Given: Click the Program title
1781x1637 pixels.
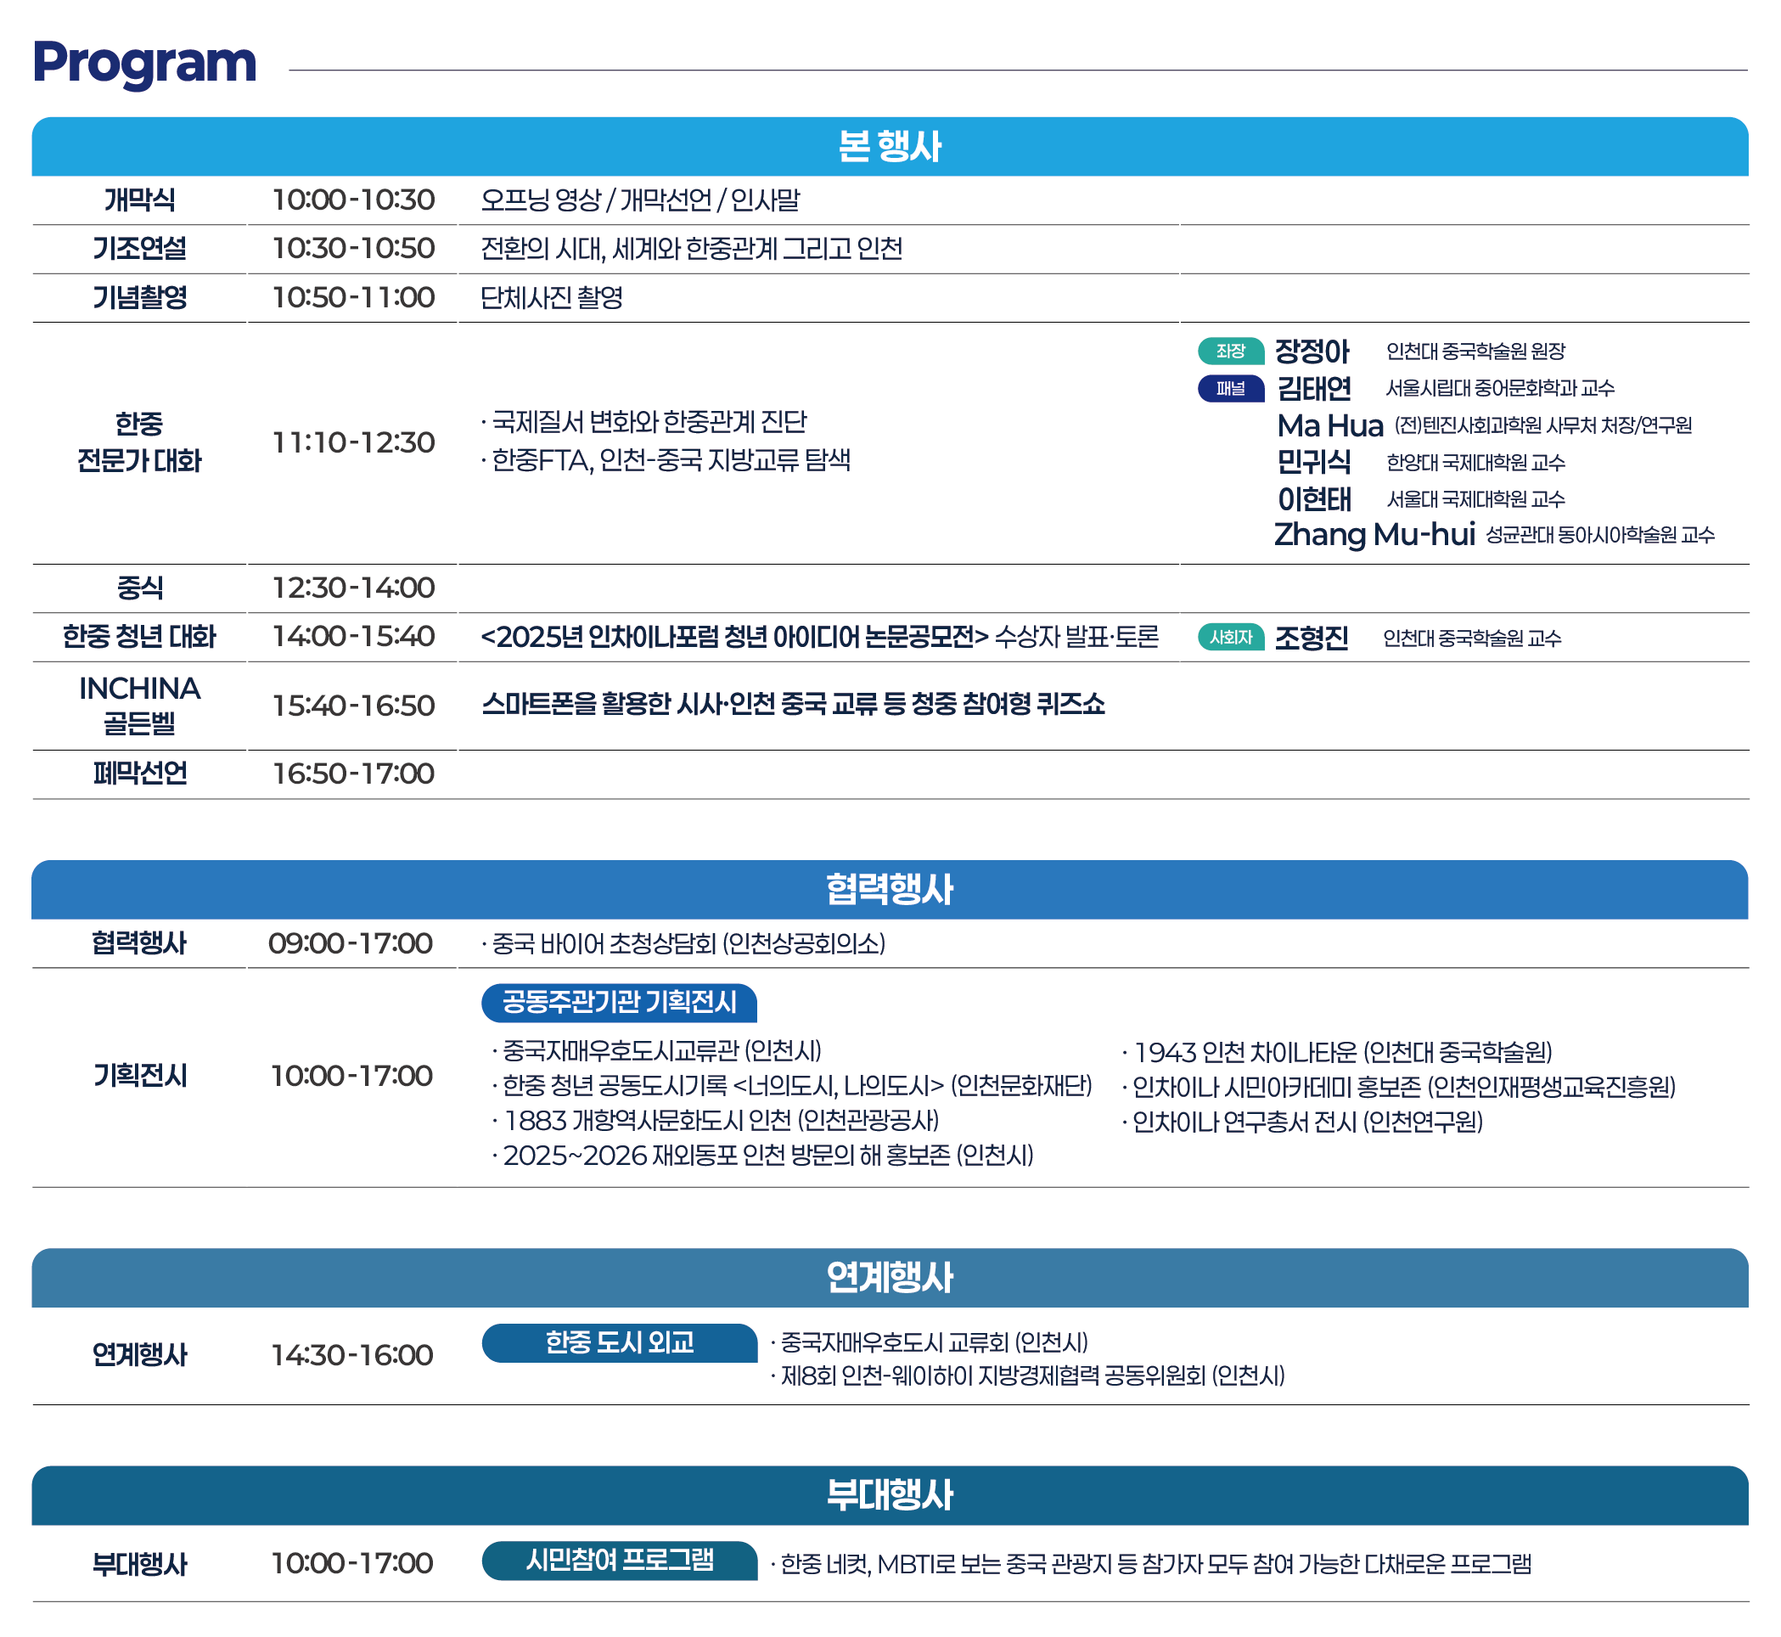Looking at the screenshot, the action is click(x=144, y=64).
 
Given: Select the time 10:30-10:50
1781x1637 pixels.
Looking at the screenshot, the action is click(x=353, y=248).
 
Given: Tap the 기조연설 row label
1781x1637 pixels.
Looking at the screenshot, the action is click(x=140, y=248).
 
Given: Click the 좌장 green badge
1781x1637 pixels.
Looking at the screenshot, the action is click(x=1231, y=351).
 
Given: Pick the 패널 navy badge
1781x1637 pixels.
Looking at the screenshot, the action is click(x=1231, y=388).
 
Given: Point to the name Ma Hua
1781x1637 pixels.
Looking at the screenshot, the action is click(x=1330, y=425).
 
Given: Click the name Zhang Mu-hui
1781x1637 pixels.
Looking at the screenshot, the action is click(x=1374, y=534).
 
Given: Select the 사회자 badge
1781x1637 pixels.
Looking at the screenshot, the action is click(x=1231, y=637).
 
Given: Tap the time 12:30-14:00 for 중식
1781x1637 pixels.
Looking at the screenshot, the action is click(x=353, y=588).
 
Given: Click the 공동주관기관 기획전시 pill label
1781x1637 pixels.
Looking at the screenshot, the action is click(x=619, y=1002).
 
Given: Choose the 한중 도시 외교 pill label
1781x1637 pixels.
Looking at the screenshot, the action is click(x=619, y=1342).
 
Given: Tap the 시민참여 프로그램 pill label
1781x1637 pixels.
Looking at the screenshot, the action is click(x=619, y=1560).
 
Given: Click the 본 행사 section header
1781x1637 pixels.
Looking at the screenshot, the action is click(x=890, y=146).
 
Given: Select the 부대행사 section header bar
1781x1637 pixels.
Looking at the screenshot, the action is click(x=890, y=1495).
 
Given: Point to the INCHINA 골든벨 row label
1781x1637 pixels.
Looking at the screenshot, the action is click(x=140, y=705).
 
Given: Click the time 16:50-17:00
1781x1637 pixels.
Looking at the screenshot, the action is click(x=353, y=773).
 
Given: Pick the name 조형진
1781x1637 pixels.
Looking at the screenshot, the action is click(x=1312, y=638).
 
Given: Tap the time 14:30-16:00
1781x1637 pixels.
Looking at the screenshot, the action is click(x=352, y=1354).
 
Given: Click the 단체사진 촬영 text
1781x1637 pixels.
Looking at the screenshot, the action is click(x=552, y=297).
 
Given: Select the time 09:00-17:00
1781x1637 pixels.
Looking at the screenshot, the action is click(x=351, y=942).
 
